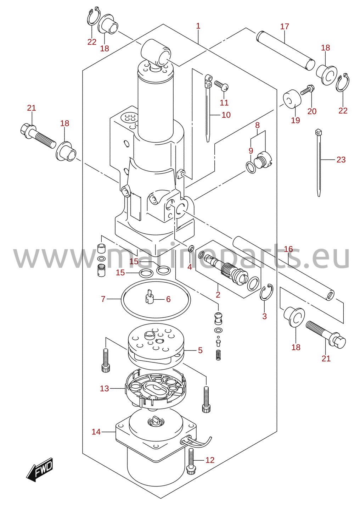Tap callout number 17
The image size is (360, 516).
click(284, 27)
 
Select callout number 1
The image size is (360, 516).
click(198, 26)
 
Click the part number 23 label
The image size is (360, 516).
click(341, 159)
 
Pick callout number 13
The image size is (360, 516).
click(104, 389)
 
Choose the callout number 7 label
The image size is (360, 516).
click(103, 299)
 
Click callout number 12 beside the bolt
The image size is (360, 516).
click(210, 460)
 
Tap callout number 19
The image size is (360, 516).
click(296, 120)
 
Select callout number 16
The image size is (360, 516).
click(288, 249)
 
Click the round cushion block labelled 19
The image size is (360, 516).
click(292, 99)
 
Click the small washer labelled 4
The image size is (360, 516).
click(191, 248)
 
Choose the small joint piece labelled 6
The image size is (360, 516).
click(150, 297)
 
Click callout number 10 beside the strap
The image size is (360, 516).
click(226, 115)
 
